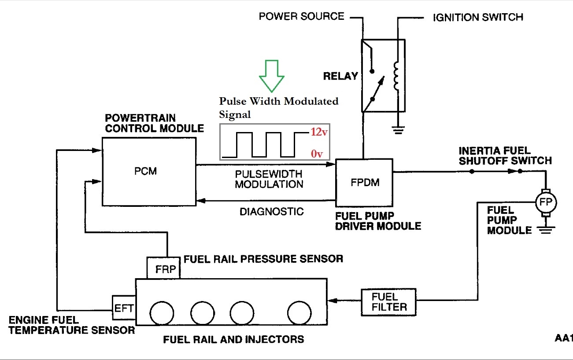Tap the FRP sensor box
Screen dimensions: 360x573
pos(163,268)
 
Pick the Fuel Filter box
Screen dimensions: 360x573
pos(388,301)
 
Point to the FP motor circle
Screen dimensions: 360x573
pos(545,202)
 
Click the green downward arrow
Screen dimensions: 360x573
pos(272,75)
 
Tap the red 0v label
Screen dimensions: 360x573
pos(317,154)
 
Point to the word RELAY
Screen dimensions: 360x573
pos(340,76)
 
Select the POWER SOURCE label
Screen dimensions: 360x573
pos(301,17)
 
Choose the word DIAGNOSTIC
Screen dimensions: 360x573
pos(271,212)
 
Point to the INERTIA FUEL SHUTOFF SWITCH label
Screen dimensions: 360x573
pos(505,155)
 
